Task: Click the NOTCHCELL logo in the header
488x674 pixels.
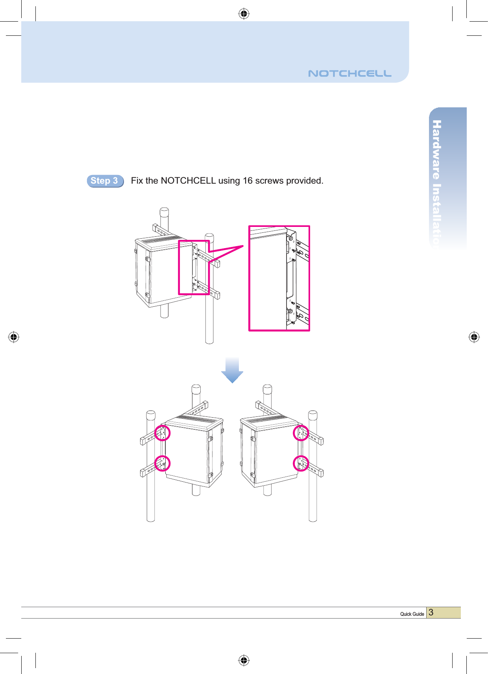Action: pos(349,74)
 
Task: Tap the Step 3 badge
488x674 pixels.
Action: pos(105,181)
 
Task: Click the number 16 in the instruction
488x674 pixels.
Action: pos(248,181)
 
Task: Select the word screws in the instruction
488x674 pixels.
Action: pos(269,181)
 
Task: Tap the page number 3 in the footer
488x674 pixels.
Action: pos(431,613)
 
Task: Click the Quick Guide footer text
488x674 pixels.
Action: pos(412,614)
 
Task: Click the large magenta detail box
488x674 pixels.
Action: pos(279,278)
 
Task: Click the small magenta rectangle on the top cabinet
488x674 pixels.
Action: pos(194,267)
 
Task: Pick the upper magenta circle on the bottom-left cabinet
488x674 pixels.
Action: pos(162,433)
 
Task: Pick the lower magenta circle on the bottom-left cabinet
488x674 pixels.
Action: pos(162,463)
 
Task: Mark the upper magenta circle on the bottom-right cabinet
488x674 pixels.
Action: pos(301,433)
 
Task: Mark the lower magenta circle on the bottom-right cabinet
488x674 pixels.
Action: pos(301,463)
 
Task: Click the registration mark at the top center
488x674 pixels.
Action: pos(244,14)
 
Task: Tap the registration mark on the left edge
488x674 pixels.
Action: pos(14,337)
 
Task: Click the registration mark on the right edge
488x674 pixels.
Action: pos(474,337)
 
